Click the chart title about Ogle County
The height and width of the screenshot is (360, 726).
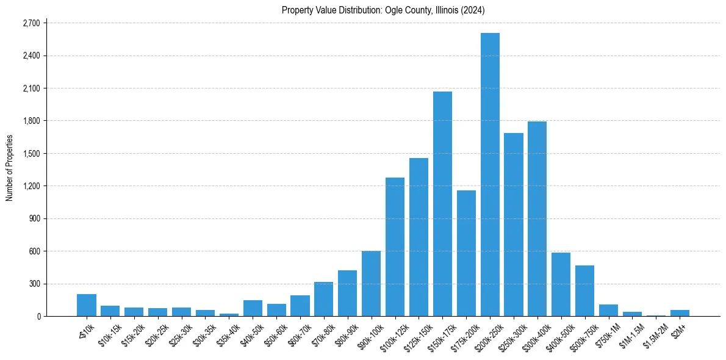pos(383,10)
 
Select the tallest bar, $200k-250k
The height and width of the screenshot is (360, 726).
pos(490,175)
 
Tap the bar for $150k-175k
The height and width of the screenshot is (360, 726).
pos(442,204)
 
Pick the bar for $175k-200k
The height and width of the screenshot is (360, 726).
pos(466,253)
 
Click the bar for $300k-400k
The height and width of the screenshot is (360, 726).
pos(537,218)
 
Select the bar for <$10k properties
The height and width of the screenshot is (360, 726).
pos(87,305)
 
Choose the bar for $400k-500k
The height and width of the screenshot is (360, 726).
pos(561,284)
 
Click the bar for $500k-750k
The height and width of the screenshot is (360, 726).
pos(584,290)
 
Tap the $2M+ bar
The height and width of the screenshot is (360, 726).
pos(680,313)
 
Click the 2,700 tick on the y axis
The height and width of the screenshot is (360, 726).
pos(31,23)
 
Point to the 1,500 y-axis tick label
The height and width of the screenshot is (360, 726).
pos(31,154)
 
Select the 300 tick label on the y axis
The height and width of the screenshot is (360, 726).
pos(34,284)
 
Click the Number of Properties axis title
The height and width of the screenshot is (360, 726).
pos(9,168)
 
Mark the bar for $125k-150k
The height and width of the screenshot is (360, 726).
pos(419,237)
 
